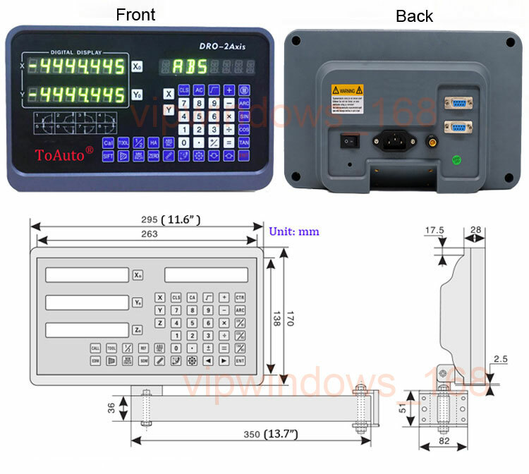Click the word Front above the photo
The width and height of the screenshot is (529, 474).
(x=135, y=14)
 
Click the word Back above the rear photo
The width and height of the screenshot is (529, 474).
(x=414, y=16)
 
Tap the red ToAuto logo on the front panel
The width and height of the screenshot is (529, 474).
(x=64, y=154)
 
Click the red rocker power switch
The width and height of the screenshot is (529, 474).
(x=346, y=140)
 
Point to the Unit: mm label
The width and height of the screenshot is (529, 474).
(x=294, y=231)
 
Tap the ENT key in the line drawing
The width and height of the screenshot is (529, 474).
(x=241, y=360)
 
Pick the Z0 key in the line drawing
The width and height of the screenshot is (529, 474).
(x=138, y=329)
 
